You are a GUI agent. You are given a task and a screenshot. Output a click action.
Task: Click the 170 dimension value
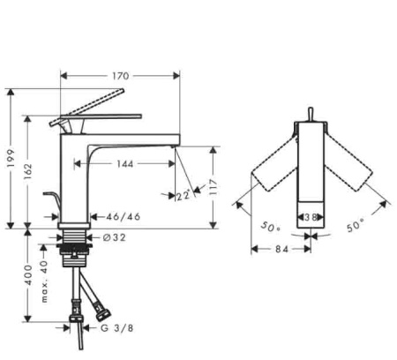tap(121, 76)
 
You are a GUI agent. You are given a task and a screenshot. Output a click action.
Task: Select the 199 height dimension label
tap(11, 158)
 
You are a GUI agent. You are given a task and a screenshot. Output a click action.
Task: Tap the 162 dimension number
tap(27, 172)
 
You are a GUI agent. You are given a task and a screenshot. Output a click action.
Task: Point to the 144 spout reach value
tap(125, 164)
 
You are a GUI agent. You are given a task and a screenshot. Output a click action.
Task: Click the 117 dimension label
tap(213, 187)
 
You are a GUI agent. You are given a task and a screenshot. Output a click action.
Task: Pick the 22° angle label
tap(183, 195)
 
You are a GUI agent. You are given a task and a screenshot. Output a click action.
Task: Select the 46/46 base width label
tap(124, 217)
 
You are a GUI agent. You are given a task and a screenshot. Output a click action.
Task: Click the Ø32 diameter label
tap(115, 237)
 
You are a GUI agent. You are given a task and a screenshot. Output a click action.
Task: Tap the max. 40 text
tap(44, 281)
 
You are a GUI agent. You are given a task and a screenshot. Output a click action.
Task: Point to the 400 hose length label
tap(28, 274)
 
